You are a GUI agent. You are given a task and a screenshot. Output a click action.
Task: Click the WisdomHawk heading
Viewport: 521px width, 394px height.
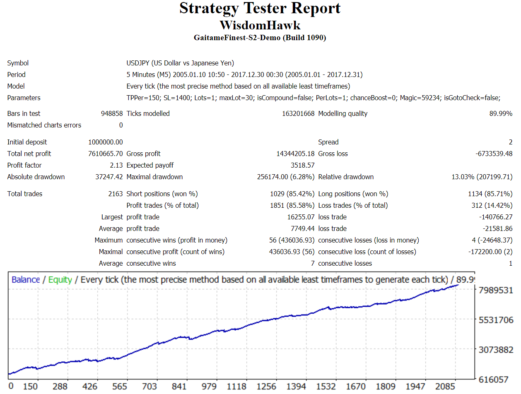tap(260, 25)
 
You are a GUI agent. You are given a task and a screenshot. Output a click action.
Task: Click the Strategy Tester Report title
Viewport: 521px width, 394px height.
tap(260, 8)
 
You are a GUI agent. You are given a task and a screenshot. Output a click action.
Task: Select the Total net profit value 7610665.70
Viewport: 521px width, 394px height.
tap(105, 154)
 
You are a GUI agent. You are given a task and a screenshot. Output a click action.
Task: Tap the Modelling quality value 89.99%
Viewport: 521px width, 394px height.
tap(501, 113)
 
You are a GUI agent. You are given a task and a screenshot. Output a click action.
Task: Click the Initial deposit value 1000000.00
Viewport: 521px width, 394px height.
tap(105, 142)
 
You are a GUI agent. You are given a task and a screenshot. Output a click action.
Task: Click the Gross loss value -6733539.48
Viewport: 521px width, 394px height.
tap(494, 154)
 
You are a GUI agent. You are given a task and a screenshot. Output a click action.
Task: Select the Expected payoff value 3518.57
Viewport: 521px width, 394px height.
tap(303, 165)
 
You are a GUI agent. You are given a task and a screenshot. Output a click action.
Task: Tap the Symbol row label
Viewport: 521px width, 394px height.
tap(18, 63)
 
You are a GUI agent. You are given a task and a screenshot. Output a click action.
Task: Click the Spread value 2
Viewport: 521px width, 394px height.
tap(511, 142)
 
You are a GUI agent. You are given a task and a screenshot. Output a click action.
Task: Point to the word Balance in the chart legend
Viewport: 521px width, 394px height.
tap(26, 280)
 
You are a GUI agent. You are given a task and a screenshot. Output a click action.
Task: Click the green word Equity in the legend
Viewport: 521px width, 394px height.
tap(60, 280)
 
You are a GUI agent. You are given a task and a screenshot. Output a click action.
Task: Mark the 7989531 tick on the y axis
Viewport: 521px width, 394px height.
tap(496, 290)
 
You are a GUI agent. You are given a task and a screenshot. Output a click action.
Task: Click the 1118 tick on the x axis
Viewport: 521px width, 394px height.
tap(237, 387)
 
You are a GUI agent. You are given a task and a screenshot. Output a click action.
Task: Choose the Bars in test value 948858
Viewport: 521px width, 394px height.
tap(112, 113)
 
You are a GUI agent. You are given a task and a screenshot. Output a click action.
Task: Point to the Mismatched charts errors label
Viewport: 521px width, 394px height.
tap(44, 125)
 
